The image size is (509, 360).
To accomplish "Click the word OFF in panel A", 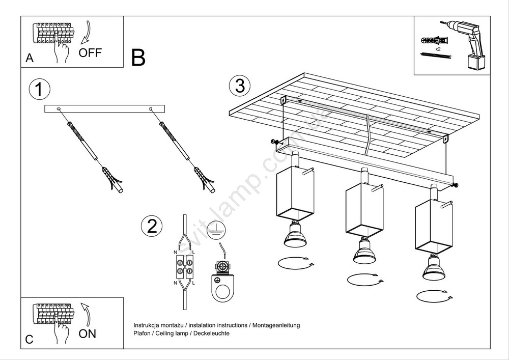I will pos(90,52).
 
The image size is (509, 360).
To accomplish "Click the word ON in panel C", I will pos(87,334).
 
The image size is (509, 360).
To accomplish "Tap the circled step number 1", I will pos(39,89).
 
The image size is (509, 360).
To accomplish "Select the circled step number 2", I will pos(152,226).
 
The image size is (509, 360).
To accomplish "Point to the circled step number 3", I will pos(239,86).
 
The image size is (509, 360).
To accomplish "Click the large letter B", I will pos(138,58).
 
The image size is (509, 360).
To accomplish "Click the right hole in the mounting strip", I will pos(151,108).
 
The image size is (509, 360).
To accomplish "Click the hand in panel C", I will pos(62,332).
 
